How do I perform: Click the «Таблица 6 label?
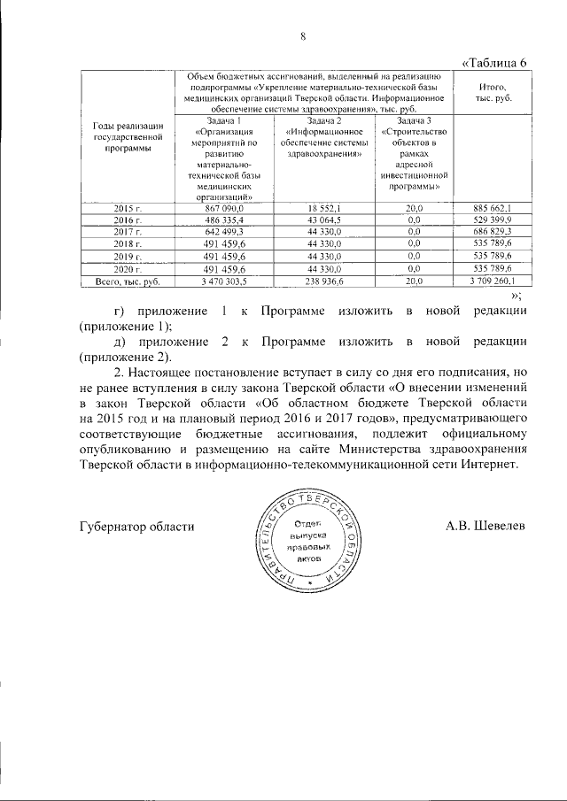point(496,62)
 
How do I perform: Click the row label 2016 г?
point(128,219)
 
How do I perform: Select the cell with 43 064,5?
point(325,219)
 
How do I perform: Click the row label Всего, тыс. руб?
point(128,281)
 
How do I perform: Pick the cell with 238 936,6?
point(325,281)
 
